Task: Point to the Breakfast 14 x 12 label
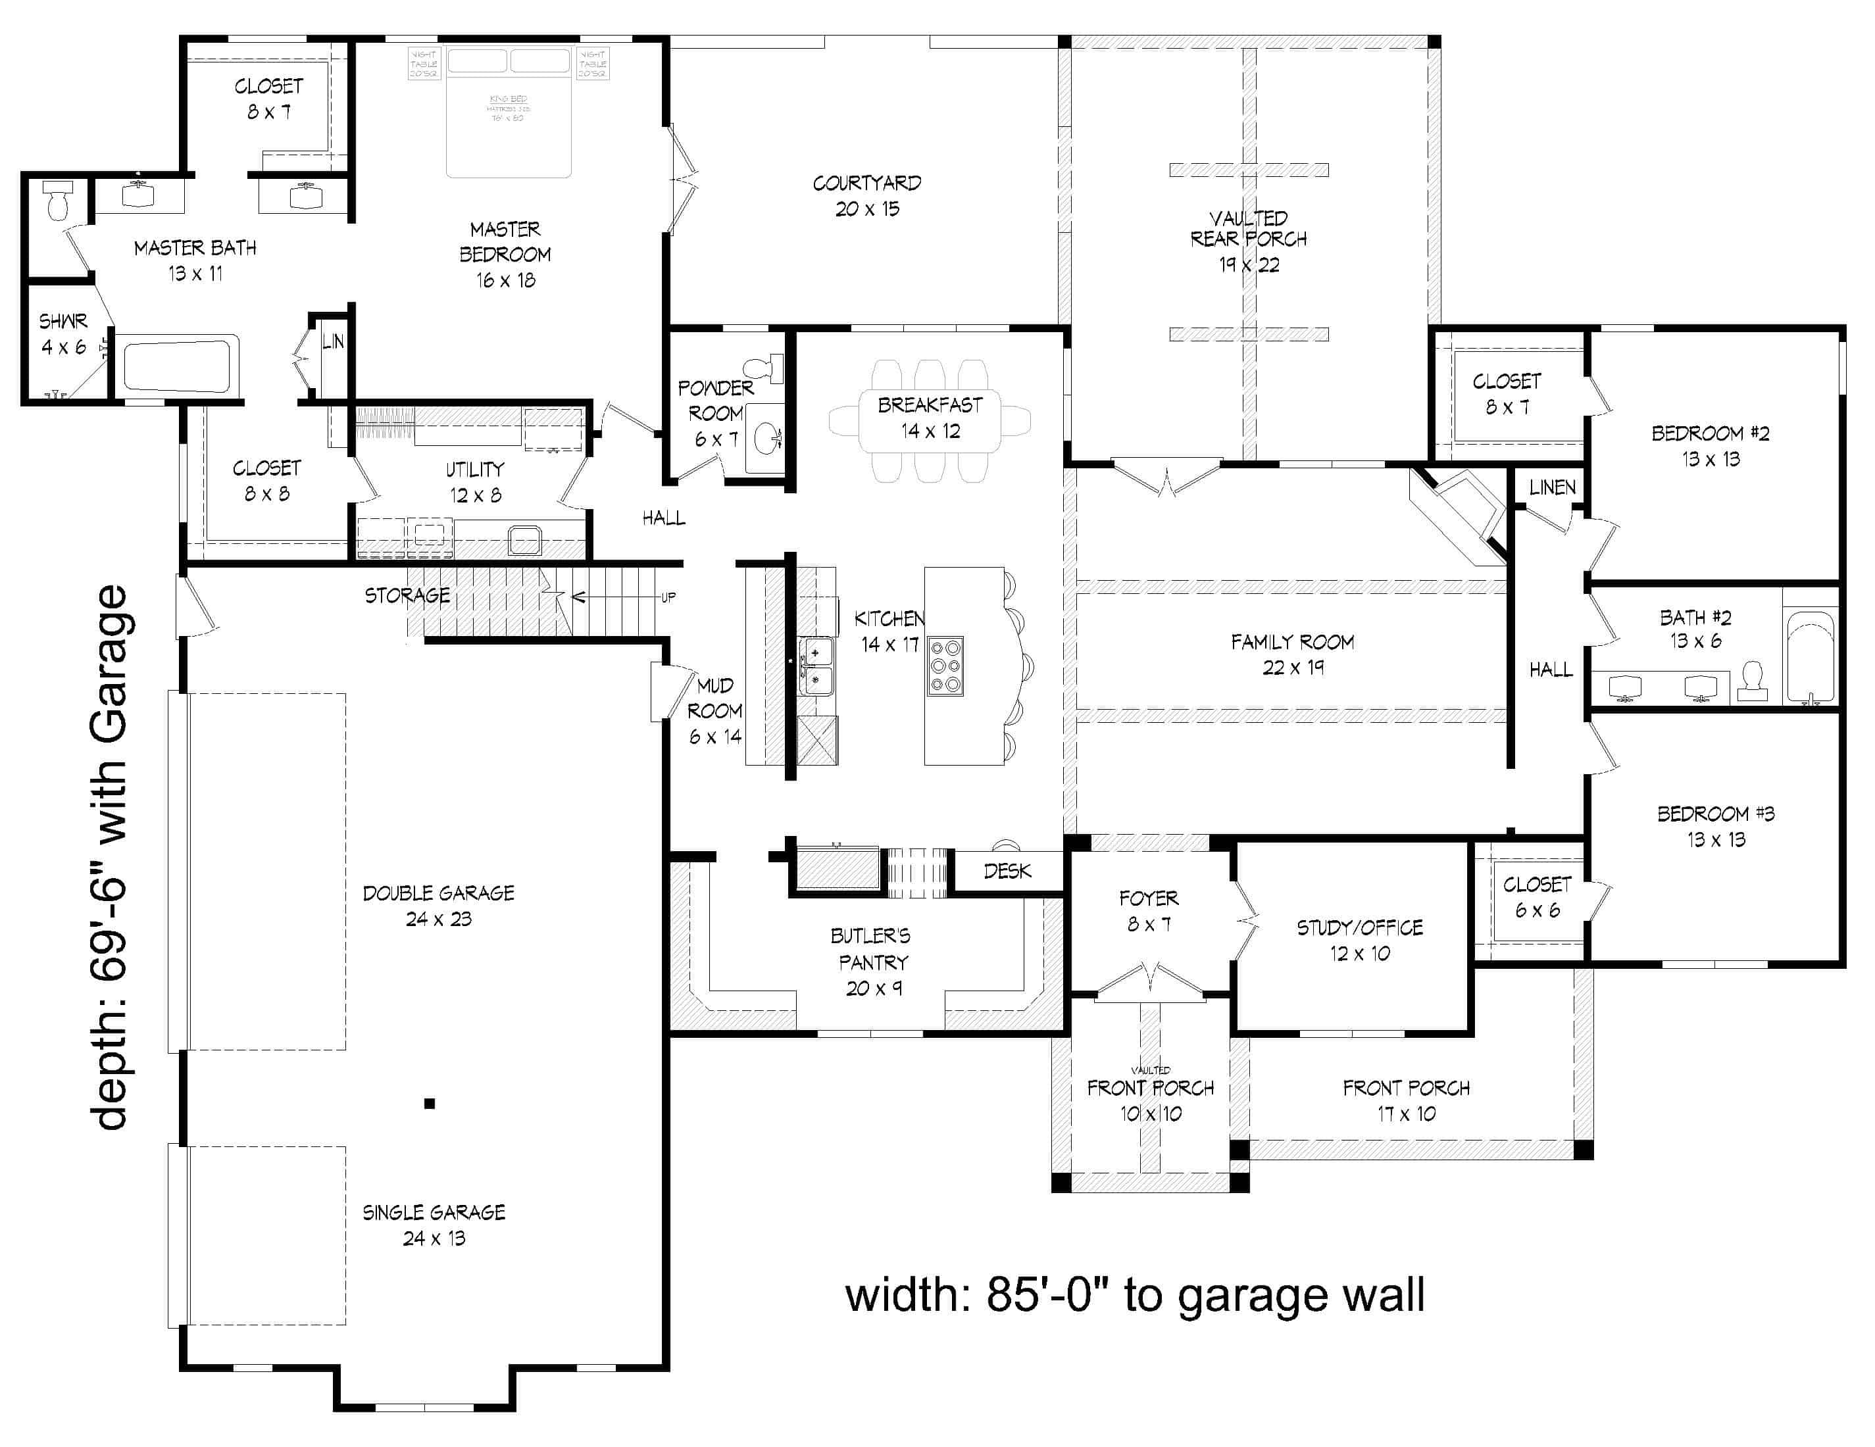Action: (x=930, y=417)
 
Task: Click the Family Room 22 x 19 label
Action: (x=1292, y=654)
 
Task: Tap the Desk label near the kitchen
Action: (x=1007, y=871)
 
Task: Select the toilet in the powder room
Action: (x=766, y=367)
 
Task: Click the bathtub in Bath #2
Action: (x=1811, y=658)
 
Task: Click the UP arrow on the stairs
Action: (x=667, y=597)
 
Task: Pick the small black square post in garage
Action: (x=429, y=1104)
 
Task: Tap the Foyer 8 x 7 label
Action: (x=1148, y=910)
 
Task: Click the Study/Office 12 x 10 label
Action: (x=1359, y=940)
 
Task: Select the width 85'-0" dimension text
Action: (x=1135, y=1295)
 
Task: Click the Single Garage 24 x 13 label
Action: (x=434, y=1225)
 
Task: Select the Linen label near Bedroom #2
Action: (x=1552, y=487)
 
